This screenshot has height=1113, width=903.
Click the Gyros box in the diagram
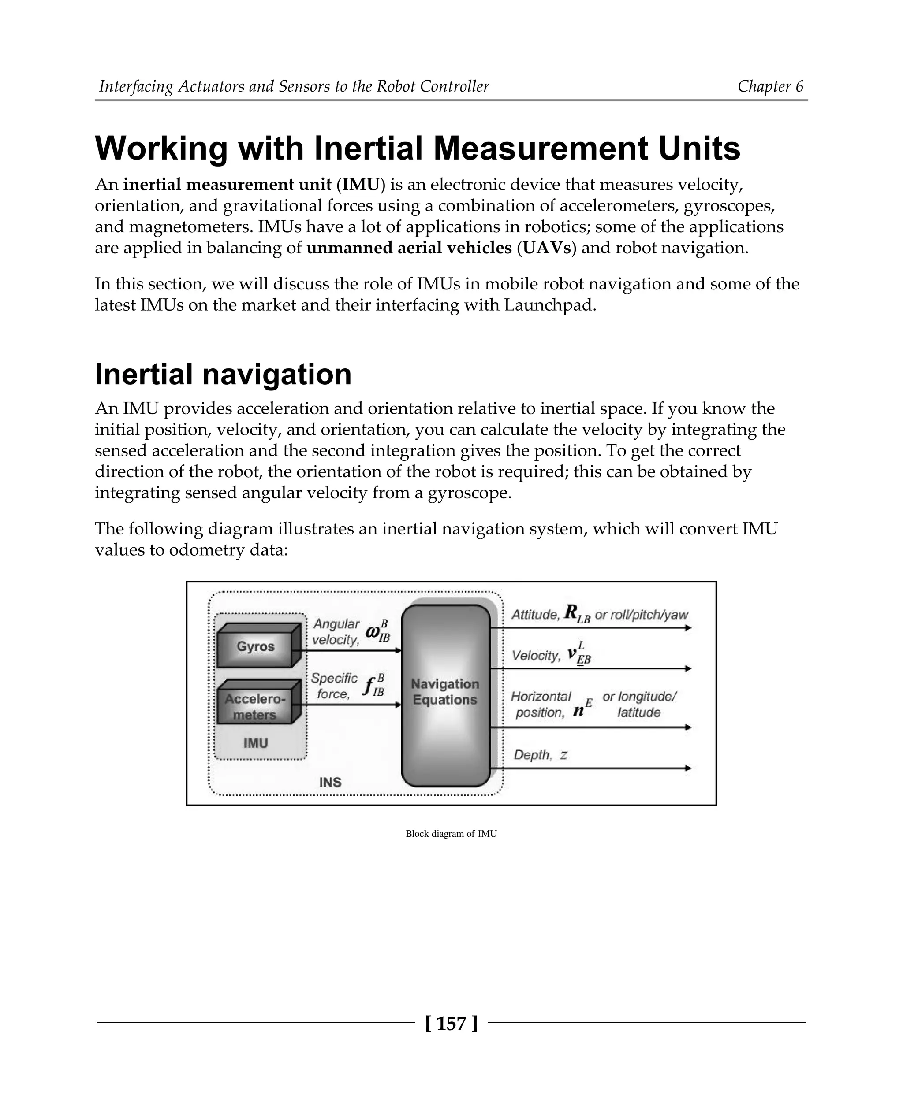coord(255,646)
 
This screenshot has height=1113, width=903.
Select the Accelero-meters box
coord(255,706)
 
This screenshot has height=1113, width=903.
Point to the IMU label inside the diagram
coord(255,743)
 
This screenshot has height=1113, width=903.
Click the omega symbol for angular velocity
coord(373,633)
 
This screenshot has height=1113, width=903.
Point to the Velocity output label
coord(536,656)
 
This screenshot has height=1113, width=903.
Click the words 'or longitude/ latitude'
coord(639,705)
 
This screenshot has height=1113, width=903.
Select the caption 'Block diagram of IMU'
coord(451,834)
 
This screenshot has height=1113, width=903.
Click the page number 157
coord(451,1024)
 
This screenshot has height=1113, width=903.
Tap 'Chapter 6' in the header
coord(770,86)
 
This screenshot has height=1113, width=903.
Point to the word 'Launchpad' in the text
coord(550,305)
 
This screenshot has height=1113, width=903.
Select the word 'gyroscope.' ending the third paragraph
coord(470,493)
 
